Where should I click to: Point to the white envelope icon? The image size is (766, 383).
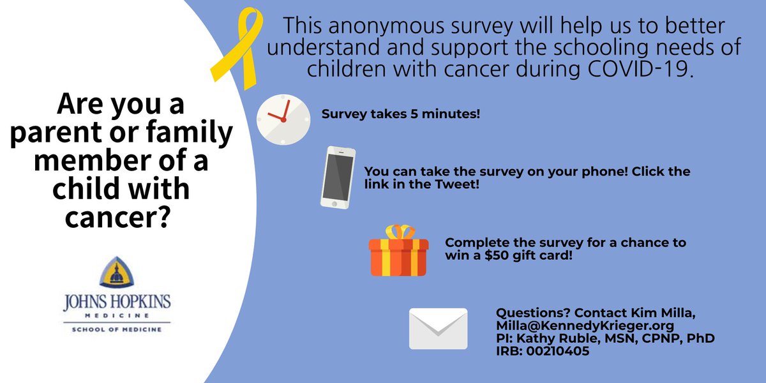(x=438, y=328)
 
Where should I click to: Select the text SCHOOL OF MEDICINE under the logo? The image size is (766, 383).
(x=116, y=329)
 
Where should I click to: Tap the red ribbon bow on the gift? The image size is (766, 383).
(x=399, y=231)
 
